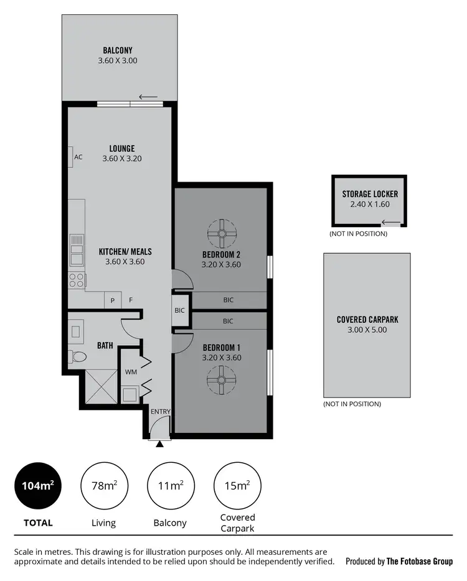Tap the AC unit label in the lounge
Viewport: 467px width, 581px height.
pyautogui.click(x=78, y=157)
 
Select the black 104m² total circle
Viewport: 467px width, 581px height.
pyautogui.click(x=38, y=485)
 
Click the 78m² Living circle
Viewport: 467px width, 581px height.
pyautogui.click(x=104, y=485)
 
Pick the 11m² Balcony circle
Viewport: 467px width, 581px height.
pyautogui.click(x=170, y=485)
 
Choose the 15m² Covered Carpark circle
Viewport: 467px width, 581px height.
pyautogui.click(x=237, y=485)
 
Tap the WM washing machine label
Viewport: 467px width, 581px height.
pyautogui.click(x=131, y=372)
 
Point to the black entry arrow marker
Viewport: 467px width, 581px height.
pyautogui.click(x=160, y=444)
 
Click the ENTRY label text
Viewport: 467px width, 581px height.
pyautogui.click(x=160, y=412)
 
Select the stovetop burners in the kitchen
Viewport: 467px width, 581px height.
pyautogui.click(x=77, y=281)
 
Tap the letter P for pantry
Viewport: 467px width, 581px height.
pyautogui.click(x=113, y=300)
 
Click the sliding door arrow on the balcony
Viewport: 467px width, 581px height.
pyautogui.click(x=148, y=96)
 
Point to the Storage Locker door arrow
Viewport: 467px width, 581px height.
pyautogui.click(x=391, y=222)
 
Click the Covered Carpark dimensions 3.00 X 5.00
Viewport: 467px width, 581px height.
pyautogui.click(x=367, y=330)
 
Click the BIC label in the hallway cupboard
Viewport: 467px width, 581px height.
pyautogui.click(x=180, y=310)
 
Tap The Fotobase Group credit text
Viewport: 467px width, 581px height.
pyautogui.click(x=419, y=561)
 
